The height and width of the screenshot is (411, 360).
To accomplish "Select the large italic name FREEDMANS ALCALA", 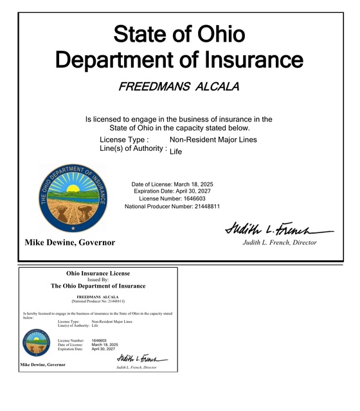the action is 179,87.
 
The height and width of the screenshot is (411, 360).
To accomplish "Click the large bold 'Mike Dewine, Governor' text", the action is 69,243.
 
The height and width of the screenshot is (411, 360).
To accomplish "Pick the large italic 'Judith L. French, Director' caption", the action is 278,243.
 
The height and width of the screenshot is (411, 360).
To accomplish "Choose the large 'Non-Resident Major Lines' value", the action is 213,139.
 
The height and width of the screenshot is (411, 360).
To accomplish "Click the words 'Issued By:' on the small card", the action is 98,280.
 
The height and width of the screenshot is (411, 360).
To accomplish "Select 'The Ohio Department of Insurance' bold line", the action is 98,286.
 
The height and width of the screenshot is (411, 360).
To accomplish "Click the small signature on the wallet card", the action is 141,358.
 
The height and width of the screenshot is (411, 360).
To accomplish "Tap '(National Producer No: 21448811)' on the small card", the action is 98,301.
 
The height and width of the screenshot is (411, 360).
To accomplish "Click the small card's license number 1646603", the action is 100,340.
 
